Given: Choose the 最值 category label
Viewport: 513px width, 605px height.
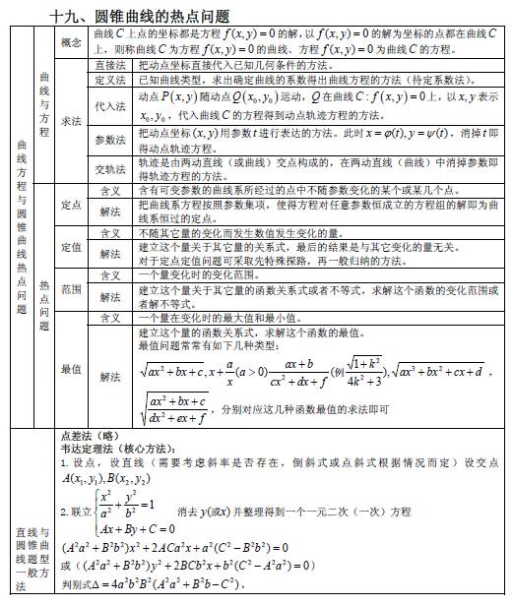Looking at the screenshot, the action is (x=71, y=370).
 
